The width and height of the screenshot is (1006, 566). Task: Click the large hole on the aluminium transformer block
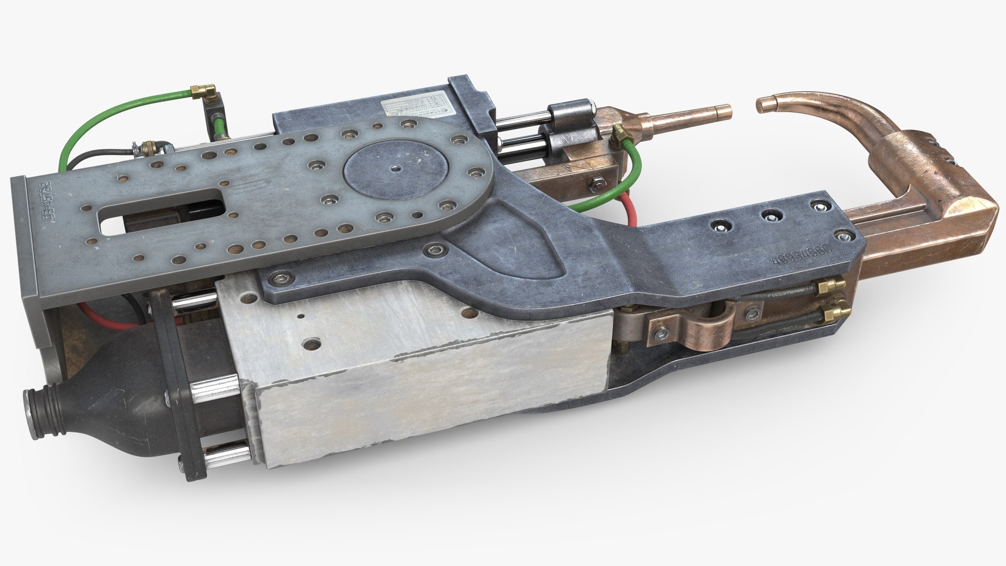pyautogui.click(x=313, y=342)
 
